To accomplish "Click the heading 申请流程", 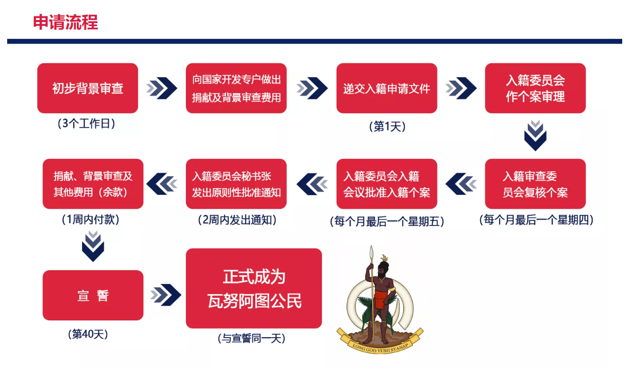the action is (x=66, y=22).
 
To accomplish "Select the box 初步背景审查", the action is (x=88, y=88).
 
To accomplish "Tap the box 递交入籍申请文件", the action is (x=386, y=88).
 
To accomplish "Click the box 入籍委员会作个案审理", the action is (x=535, y=88).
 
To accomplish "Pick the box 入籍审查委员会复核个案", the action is (x=535, y=184).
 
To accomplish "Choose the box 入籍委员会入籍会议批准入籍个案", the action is (x=386, y=184).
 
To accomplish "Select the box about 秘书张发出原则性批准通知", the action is (x=236, y=184).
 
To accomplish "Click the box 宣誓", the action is (x=93, y=295).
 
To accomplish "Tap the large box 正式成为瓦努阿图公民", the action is (x=254, y=289).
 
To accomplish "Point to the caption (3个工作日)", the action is (x=86, y=124).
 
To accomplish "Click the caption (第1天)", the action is (x=387, y=126).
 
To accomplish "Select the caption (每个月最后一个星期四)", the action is (x=536, y=220).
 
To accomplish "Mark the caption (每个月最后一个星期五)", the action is (x=387, y=221).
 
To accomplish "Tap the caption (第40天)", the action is (x=88, y=334).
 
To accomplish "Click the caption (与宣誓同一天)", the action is (x=251, y=338).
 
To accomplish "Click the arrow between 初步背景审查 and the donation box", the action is (x=161, y=88).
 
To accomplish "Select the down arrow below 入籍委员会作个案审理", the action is (x=535, y=135).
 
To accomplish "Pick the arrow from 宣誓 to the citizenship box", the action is (x=166, y=295).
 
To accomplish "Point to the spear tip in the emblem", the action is (x=372, y=251).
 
